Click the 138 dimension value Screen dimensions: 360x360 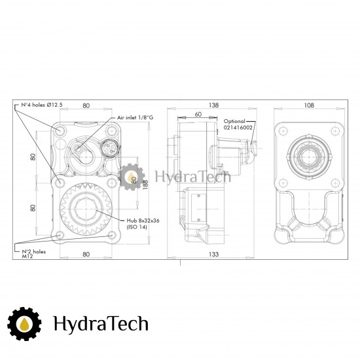[x=213, y=105]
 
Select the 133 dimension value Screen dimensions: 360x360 [x=213, y=254]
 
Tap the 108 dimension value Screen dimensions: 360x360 [x=309, y=105]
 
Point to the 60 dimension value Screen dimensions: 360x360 [x=198, y=114]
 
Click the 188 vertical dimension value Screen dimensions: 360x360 [x=145, y=185]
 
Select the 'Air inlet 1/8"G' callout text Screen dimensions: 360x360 [x=135, y=118]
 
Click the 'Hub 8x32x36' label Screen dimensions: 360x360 [x=143, y=221]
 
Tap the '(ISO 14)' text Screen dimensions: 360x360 [x=137, y=227]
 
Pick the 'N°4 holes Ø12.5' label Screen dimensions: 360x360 [x=42, y=105]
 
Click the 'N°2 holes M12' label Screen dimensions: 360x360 [x=34, y=254]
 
